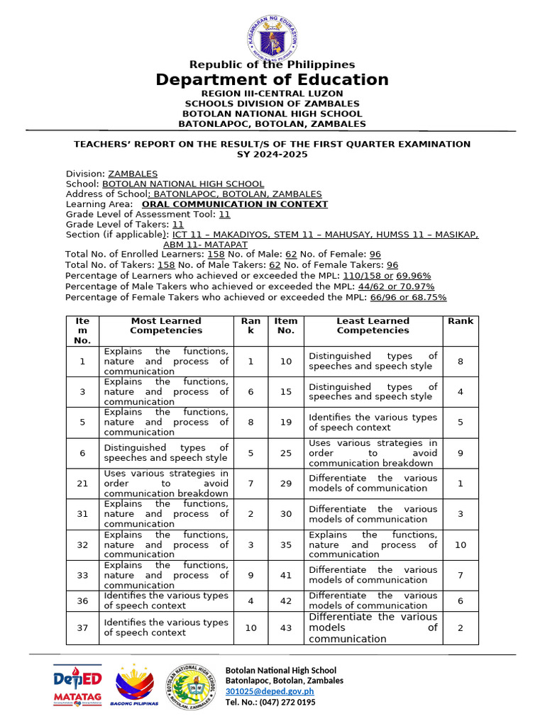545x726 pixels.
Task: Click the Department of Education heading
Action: coord(272,79)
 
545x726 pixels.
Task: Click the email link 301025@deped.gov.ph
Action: coord(269,691)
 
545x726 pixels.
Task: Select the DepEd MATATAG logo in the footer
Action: coord(77,686)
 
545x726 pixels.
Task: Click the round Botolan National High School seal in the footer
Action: coord(192,686)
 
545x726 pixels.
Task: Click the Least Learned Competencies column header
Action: coord(373,325)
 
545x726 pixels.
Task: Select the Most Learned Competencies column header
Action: coord(166,325)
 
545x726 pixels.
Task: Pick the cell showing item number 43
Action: coord(285,628)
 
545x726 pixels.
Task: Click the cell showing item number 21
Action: coord(82,484)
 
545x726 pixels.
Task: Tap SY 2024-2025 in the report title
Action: coord(272,154)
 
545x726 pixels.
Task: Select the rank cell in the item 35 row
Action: coord(460,544)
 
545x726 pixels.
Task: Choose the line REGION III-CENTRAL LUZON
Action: coord(272,94)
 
